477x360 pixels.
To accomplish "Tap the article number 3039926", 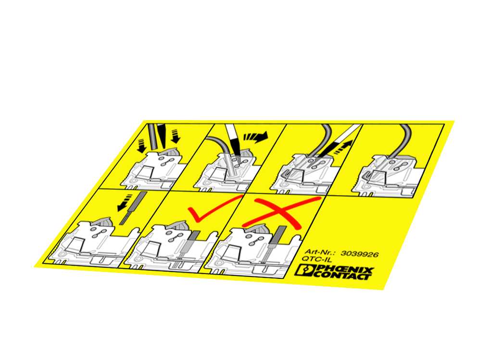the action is pos(360,254).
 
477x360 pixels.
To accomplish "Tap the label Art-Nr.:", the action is pos(320,252).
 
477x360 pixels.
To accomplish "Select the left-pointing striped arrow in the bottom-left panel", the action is pos(125,203).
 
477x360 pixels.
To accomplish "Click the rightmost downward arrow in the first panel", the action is pos(176,136).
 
